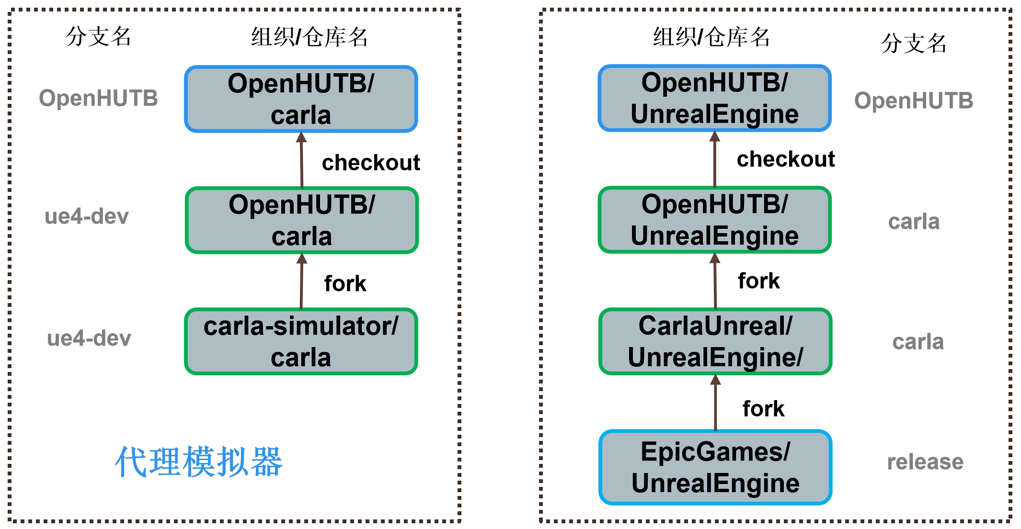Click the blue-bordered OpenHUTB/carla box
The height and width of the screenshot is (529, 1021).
pos(301,99)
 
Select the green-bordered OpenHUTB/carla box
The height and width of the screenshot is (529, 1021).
pos(302,220)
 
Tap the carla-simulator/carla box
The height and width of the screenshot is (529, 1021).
pos(301,341)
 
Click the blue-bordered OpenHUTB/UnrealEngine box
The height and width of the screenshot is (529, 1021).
pos(715,98)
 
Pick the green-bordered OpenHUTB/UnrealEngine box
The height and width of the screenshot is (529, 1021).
pos(715,220)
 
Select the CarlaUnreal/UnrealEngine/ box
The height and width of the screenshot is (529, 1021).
pos(715,341)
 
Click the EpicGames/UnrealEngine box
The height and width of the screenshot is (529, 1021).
pos(715,467)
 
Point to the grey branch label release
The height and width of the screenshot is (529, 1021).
pos(925,462)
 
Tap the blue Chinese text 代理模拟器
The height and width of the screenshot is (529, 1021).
pos(199,462)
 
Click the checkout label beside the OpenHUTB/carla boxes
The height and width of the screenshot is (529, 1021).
pos(371,163)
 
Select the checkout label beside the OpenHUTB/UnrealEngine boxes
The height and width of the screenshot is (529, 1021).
pos(786,159)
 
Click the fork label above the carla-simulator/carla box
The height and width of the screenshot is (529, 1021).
pos(345,283)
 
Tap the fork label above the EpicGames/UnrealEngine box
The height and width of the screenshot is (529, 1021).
pos(763,409)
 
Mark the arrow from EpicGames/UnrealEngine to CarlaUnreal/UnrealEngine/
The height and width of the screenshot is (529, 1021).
pos(715,403)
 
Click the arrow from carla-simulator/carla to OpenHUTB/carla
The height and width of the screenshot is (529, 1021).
pos(301,281)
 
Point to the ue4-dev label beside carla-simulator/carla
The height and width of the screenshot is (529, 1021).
pos(89,338)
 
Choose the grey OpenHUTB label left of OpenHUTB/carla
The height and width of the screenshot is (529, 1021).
pos(98,98)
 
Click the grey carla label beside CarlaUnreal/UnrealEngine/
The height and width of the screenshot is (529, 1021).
pos(918,342)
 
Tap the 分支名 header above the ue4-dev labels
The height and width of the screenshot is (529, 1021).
pos(98,36)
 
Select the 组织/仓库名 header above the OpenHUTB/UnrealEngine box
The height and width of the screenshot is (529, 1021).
pos(711,37)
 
